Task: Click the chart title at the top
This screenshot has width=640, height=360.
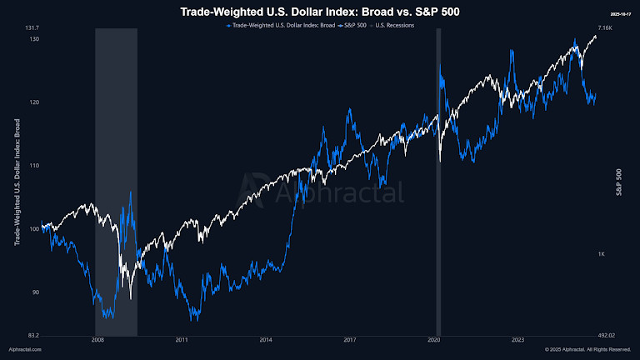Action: [x=320, y=12]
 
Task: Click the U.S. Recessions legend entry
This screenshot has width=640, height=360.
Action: [x=396, y=26]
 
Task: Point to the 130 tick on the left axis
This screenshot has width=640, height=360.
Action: [x=34, y=39]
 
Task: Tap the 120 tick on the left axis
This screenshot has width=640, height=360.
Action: [x=34, y=102]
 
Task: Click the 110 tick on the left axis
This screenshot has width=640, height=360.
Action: [x=34, y=166]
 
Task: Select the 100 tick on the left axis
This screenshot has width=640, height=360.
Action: [x=34, y=229]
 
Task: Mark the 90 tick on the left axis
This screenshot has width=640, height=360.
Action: [x=35, y=292]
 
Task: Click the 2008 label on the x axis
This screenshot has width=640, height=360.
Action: [x=97, y=340]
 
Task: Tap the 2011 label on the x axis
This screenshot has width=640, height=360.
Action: [x=182, y=340]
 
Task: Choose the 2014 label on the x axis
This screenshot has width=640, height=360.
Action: [x=266, y=340]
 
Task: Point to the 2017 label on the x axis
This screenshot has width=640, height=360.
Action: [x=350, y=340]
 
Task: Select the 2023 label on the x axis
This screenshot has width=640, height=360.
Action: [x=517, y=340]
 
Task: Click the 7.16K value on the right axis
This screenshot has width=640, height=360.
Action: [x=606, y=28]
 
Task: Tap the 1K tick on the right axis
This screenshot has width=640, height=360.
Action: [x=601, y=253]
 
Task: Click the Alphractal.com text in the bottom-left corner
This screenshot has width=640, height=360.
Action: [x=24, y=350]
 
